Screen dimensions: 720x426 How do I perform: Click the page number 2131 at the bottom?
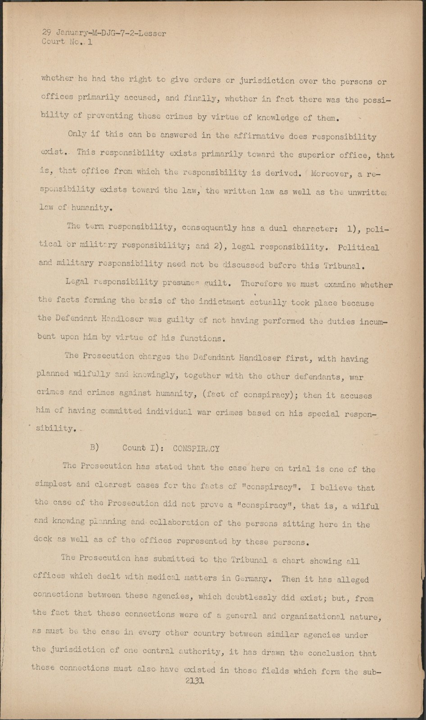click(x=195, y=681)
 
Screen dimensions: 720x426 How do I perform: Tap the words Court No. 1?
click(x=67, y=42)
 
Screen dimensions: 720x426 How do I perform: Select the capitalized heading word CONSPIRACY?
click(x=196, y=448)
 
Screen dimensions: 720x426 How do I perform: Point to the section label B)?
click(x=94, y=447)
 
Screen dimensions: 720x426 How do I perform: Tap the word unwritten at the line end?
click(x=368, y=192)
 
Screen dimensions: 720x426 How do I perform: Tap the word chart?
click(x=293, y=561)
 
